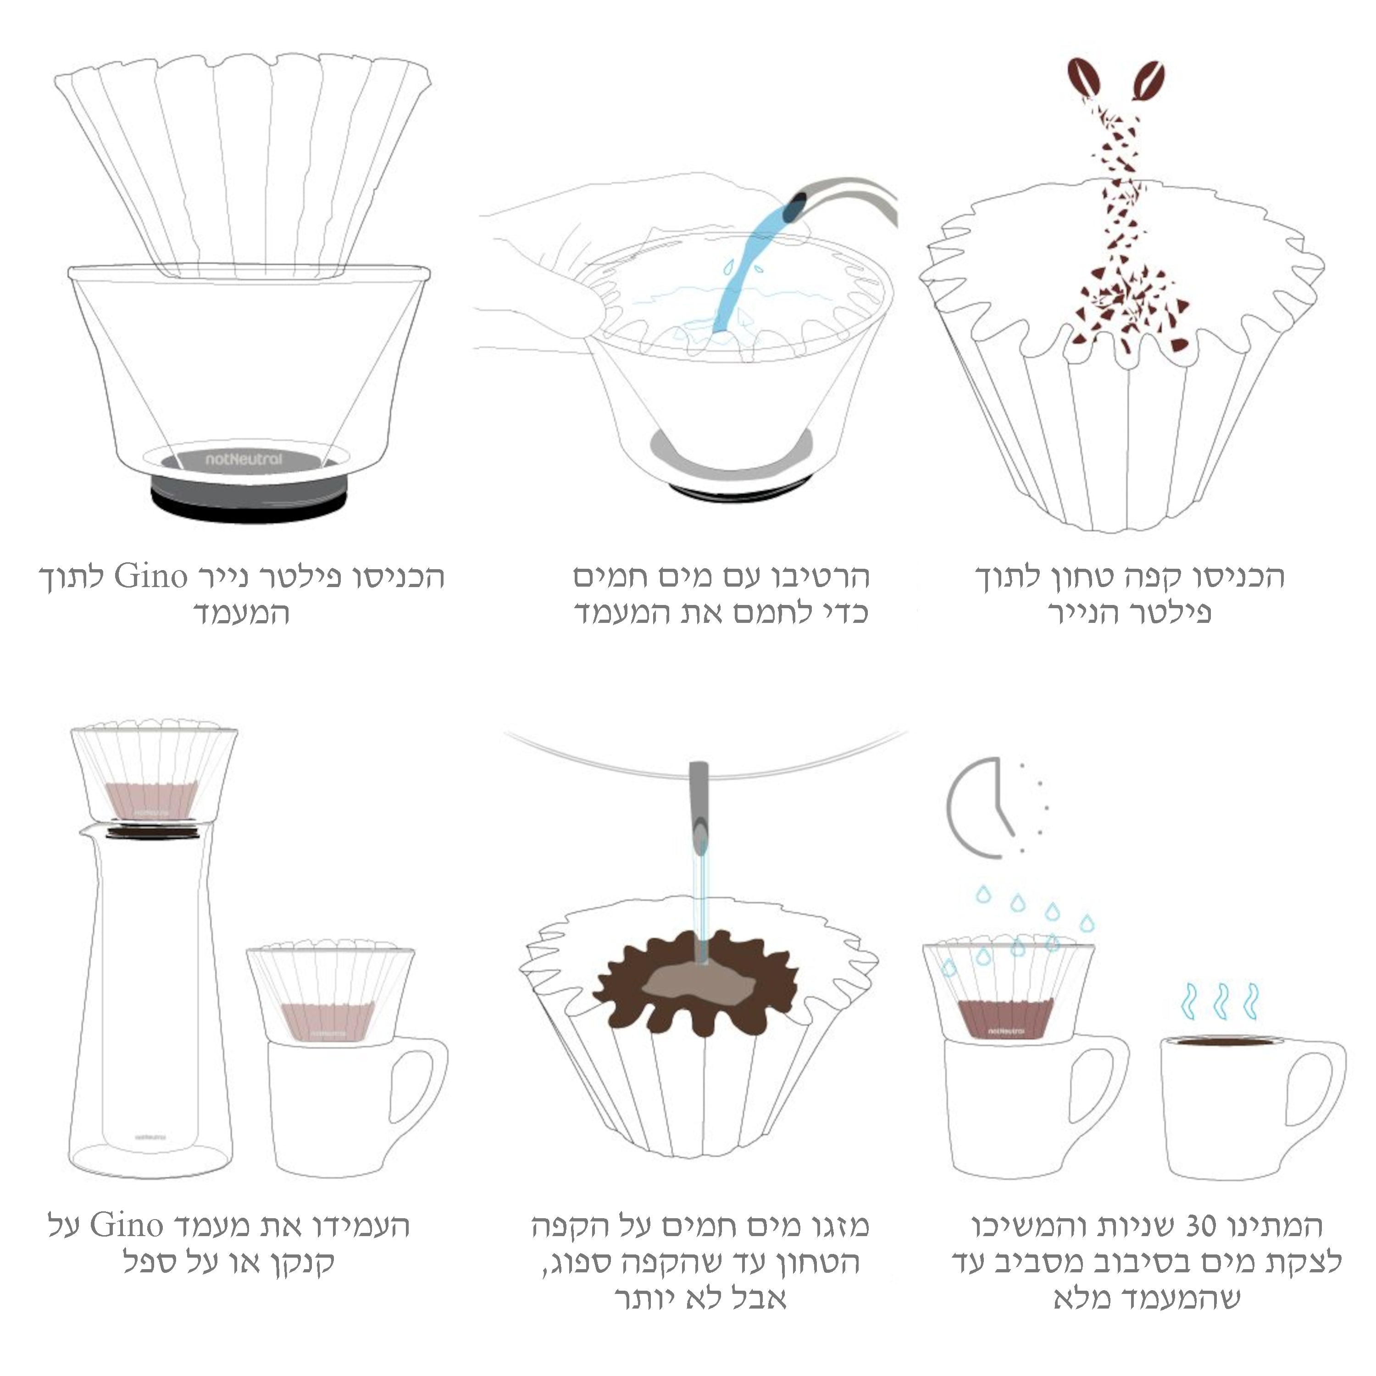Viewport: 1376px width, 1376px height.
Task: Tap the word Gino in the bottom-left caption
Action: [128, 1226]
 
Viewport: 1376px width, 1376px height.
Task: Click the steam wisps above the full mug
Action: [1221, 1001]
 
